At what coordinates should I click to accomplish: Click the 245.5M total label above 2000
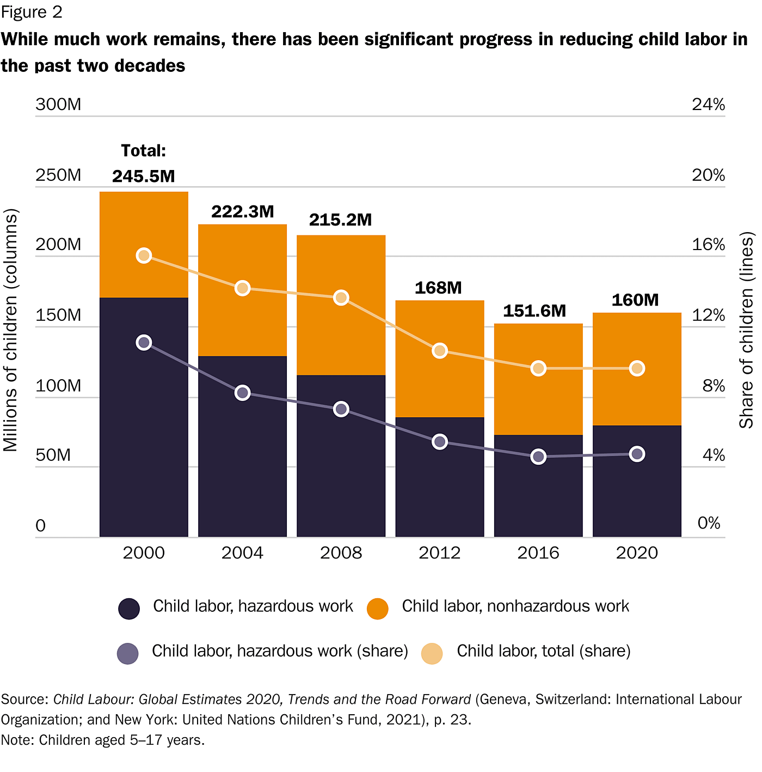144,176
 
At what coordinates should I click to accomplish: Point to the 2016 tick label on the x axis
538,553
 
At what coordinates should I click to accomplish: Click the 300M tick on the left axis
58,104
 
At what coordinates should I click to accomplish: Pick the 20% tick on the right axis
708,175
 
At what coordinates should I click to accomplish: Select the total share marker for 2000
144,256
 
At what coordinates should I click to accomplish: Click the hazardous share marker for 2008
341,409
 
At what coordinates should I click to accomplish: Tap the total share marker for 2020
637,368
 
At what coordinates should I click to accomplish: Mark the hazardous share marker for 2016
538,457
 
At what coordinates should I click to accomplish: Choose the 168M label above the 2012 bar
438,288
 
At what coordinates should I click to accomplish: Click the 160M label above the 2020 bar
635,300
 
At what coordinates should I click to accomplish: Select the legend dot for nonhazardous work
378,609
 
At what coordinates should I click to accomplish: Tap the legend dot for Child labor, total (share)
432,653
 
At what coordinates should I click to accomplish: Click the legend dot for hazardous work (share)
128,653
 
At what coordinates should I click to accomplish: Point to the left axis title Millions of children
11,330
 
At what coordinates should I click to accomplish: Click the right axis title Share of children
747,330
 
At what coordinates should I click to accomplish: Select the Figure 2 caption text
32,12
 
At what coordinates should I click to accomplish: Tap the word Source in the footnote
24,700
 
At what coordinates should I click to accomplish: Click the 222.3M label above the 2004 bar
243,211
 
